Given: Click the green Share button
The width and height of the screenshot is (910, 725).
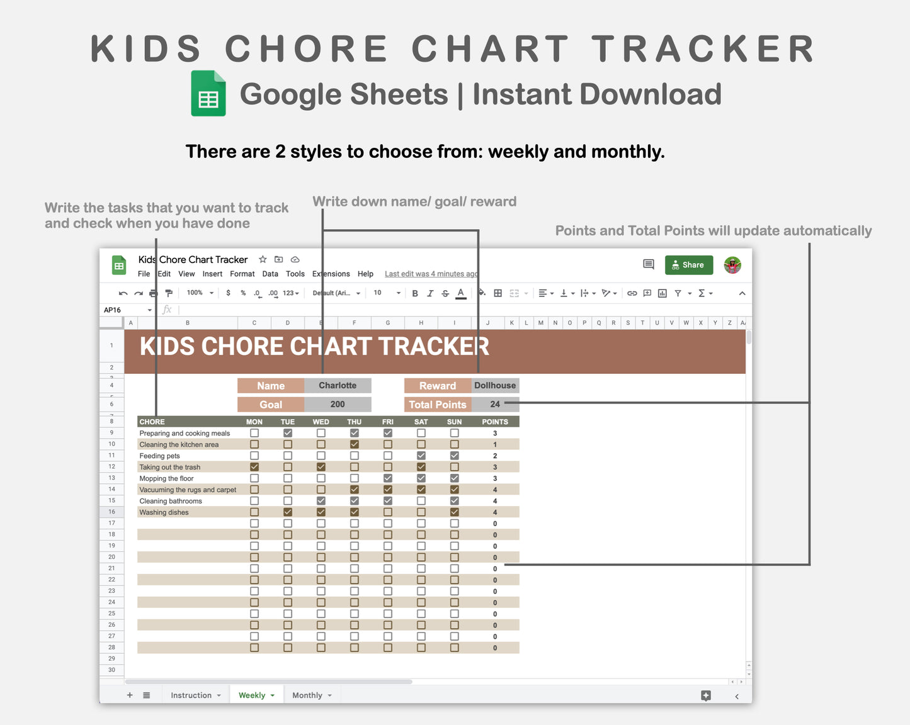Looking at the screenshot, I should click(688, 265).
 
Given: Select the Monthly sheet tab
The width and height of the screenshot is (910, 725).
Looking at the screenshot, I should click(307, 695).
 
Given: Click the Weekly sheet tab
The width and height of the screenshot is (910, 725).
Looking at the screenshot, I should click(252, 695).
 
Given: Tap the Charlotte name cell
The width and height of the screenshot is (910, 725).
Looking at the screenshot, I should click(338, 386).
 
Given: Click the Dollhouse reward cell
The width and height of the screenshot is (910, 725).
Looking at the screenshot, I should click(495, 386).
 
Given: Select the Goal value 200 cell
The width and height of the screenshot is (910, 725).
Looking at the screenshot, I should click(338, 405).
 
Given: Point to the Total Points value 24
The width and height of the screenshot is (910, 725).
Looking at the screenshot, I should click(495, 405).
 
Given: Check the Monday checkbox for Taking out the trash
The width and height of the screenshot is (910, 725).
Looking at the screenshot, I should click(254, 467).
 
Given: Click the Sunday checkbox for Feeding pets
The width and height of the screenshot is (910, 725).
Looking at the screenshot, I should click(454, 456).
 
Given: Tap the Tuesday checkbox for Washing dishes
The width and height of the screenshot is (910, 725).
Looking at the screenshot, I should click(288, 512).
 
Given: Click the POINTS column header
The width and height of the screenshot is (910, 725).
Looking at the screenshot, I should click(495, 422).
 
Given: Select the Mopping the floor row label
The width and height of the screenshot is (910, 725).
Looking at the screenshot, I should click(166, 478).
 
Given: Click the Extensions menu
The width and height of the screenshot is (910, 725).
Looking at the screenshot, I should click(331, 274).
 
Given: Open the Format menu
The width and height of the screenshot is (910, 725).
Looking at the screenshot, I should click(242, 274).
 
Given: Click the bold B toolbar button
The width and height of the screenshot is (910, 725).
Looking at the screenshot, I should click(415, 293).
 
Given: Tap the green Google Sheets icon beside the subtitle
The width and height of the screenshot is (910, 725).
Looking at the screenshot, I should click(208, 94).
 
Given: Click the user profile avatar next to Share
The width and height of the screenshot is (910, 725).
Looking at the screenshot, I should click(732, 265).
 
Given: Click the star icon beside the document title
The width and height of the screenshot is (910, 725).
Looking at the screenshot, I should click(263, 259).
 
